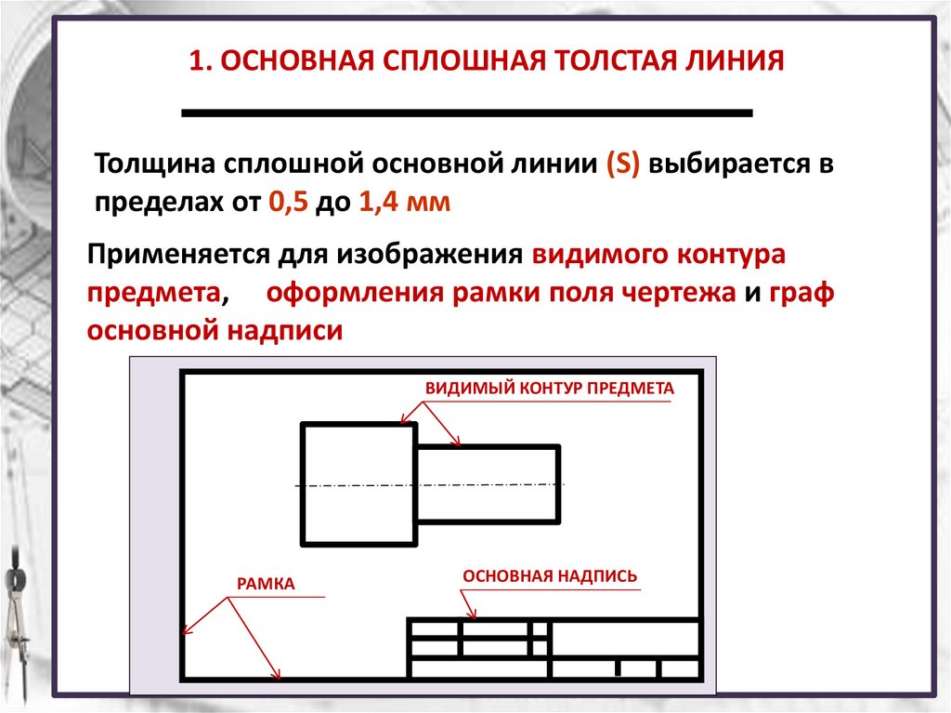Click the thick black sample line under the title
466,112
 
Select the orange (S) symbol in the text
621,166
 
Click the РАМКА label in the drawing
265,584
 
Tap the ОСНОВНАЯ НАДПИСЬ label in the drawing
550,575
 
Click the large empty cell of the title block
625,638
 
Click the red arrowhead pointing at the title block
474,614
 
